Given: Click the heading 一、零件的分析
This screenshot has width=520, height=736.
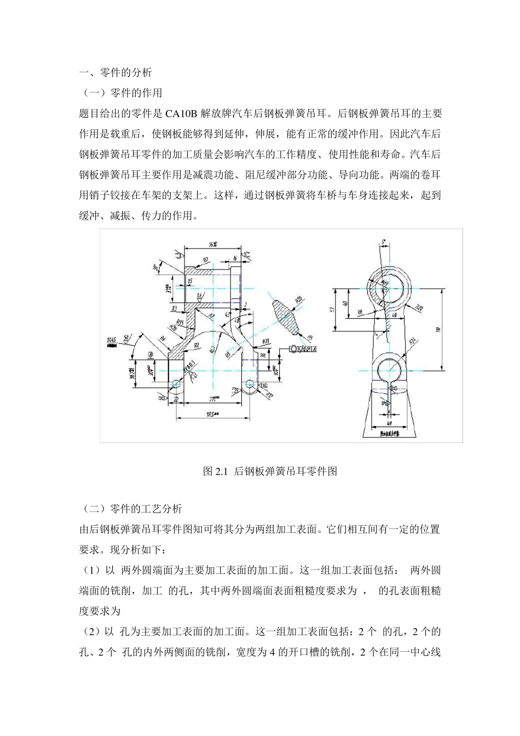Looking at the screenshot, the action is pyautogui.click(x=115, y=72).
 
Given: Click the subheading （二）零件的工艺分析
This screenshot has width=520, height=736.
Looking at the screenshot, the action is pyautogui.click(x=130, y=509).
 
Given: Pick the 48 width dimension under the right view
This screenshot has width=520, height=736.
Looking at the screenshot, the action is pyautogui.click(x=389, y=423).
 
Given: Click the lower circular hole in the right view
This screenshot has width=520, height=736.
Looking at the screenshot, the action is pyautogui.click(x=389, y=369).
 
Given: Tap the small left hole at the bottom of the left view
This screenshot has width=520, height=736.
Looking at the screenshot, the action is pyautogui.click(x=176, y=383).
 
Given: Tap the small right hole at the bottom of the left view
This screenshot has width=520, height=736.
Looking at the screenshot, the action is pyautogui.click(x=250, y=383).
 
